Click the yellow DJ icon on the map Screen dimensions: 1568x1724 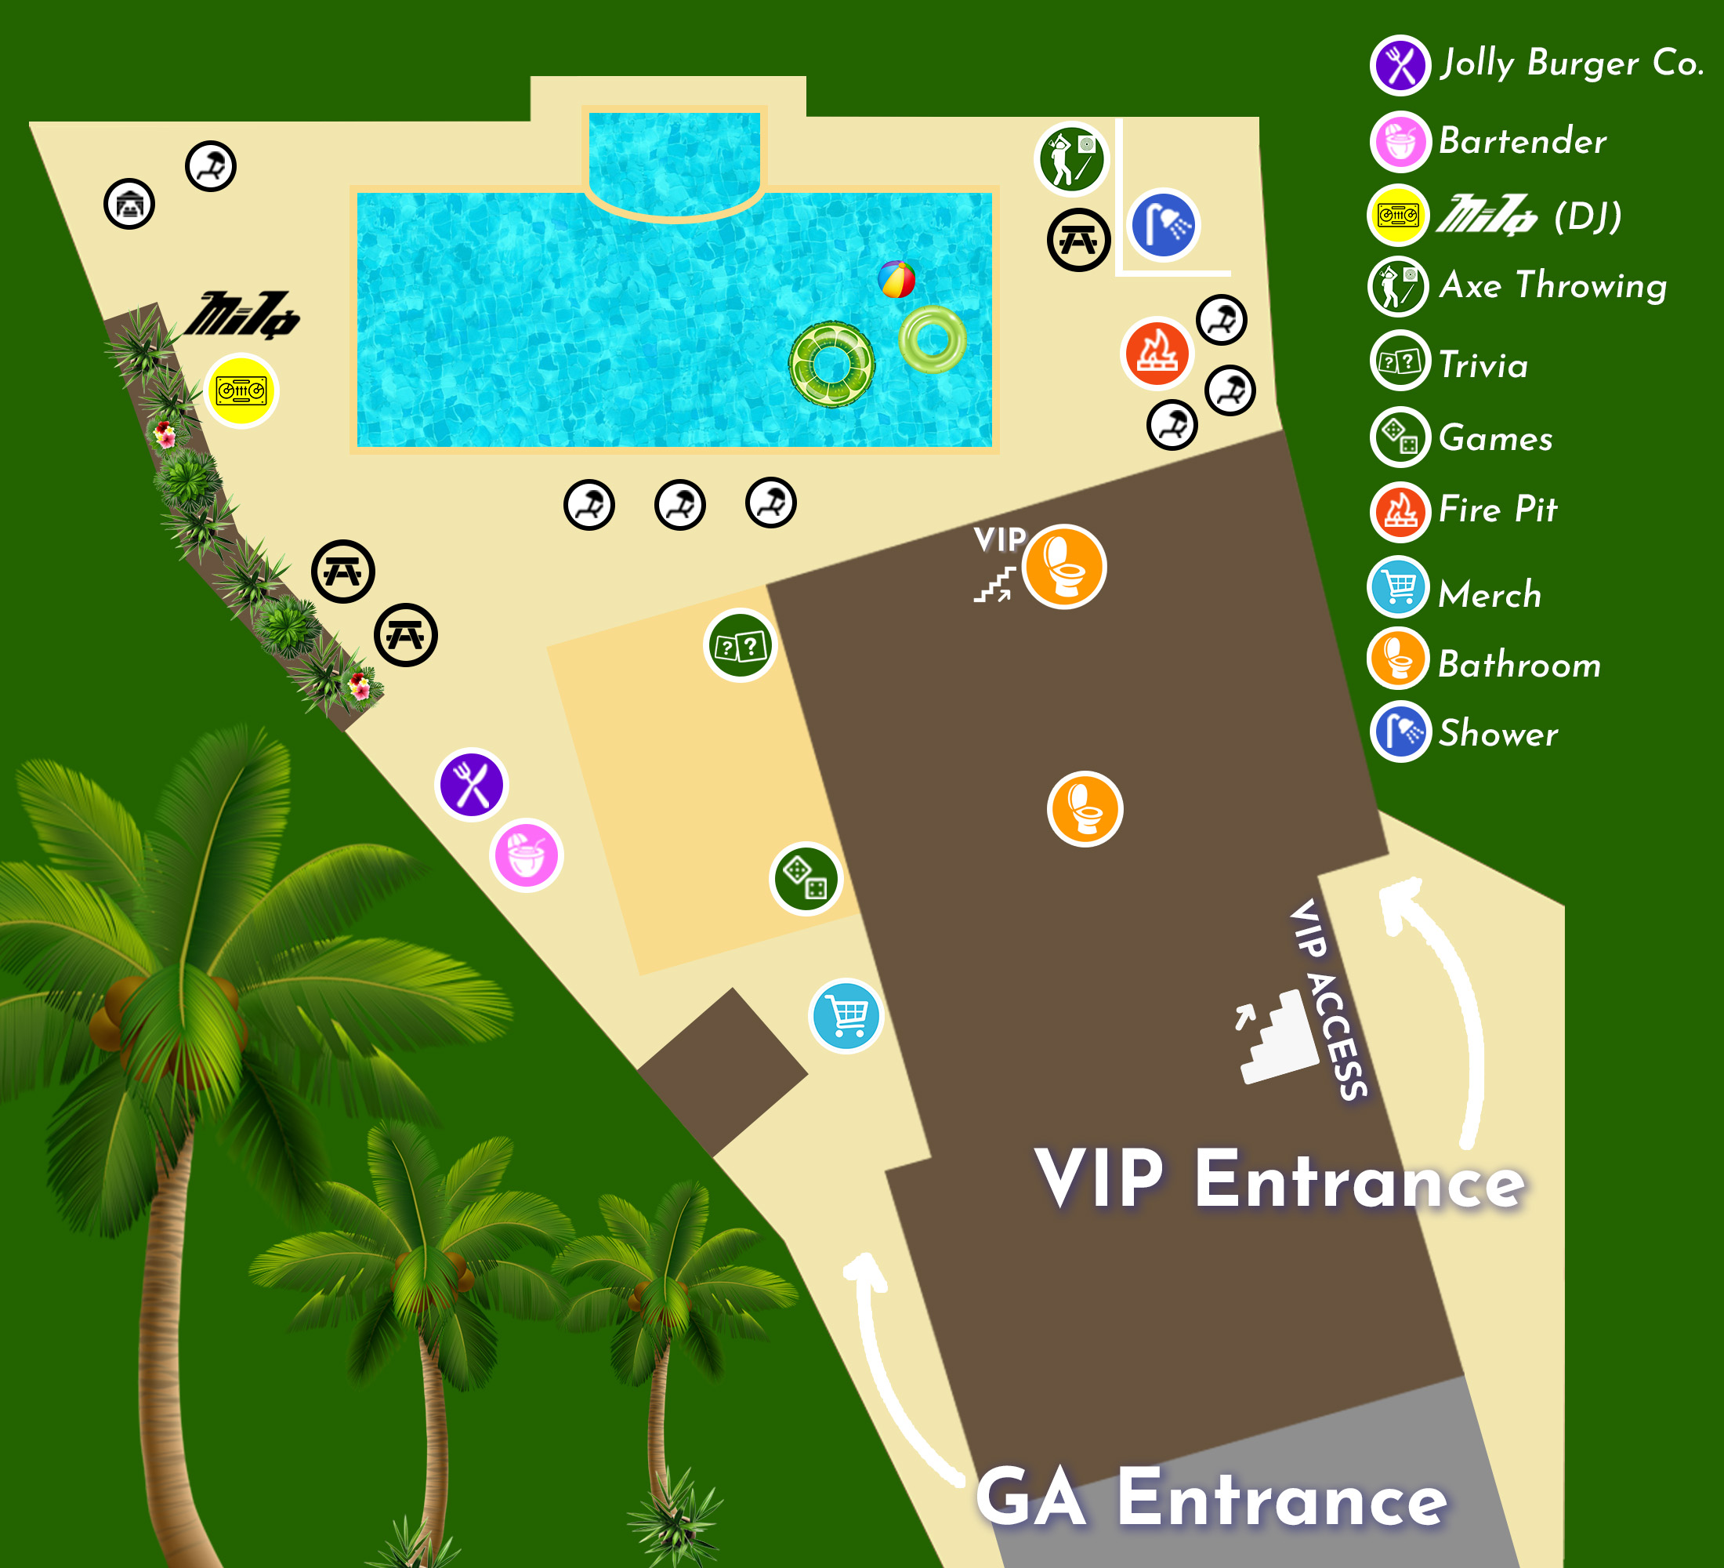click(x=242, y=391)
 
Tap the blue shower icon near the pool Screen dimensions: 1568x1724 click(x=1163, y=225)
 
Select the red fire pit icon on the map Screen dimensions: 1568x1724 click(x=1157, y=353)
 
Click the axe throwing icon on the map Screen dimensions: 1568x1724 click(x=1071, y=158)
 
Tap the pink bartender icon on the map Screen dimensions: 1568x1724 click(x=527, y=855)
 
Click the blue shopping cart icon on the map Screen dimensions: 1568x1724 click(x=846, y=1016)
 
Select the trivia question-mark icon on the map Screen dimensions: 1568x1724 click(x=740, y=645)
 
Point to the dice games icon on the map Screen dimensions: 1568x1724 click(x=806, y=879)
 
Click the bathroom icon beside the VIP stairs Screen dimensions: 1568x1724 click(x=1064, y=566)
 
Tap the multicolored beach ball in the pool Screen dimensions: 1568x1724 click(x=896, y=279)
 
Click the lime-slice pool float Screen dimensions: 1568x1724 click(x=831, y=365)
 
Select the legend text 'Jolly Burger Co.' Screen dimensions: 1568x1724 click(x=1572, y=64)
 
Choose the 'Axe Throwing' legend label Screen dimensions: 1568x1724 click(x=1553, y=285)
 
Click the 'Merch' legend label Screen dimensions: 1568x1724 click(x=1490, y=593)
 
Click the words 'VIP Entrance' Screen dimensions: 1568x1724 click(x=1280, y=1181)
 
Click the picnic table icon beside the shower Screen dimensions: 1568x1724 click(x=1078, y=240)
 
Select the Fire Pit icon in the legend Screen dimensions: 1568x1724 click(x=1400, y=511)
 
